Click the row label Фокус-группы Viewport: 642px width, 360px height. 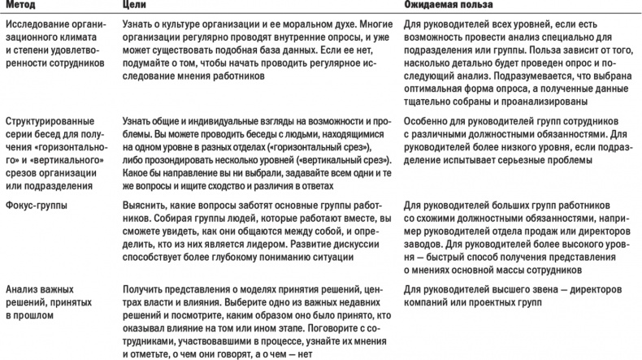click(38, 206)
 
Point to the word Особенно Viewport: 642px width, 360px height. click(428, 119)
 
